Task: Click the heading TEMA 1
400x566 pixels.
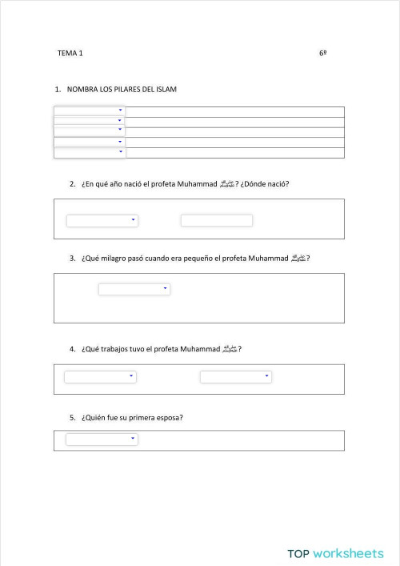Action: coord(70,53)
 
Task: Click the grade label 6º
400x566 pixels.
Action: coord(322,53)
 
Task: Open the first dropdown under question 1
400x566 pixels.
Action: coord(90,110)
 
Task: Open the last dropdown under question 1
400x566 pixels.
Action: coord(90,151)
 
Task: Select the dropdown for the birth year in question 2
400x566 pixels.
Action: coord(102,220)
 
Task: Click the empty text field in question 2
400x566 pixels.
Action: coord(216,220)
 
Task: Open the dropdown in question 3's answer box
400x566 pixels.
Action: coord(134,289)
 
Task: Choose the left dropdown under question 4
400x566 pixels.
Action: coord(100,376)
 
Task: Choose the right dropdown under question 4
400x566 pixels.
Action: coord(235,376)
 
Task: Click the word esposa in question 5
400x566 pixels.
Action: coord(170,417)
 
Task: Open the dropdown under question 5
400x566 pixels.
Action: coord(102,439)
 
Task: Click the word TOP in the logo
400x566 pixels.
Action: coord(298,553)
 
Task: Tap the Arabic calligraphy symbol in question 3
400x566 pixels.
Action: coord(298,259)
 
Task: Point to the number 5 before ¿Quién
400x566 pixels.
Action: coord(72,417)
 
